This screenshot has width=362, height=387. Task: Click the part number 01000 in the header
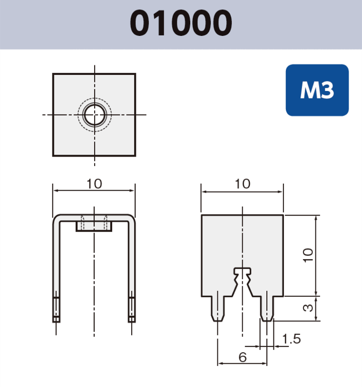181,23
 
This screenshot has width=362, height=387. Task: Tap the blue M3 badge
317,91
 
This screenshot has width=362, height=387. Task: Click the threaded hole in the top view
95,115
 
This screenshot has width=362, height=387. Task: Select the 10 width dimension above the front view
94,184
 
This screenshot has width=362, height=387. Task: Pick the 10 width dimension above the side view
242,184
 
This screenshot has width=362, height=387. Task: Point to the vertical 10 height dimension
308,255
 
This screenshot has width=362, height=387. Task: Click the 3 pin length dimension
308,309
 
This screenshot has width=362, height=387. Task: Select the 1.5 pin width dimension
291,339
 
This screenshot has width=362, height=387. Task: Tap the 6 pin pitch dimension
242,356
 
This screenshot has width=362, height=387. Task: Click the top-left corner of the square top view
53,74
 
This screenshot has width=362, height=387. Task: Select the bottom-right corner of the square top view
135,155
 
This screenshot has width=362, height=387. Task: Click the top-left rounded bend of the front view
57,218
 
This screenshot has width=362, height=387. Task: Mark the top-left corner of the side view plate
202,216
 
